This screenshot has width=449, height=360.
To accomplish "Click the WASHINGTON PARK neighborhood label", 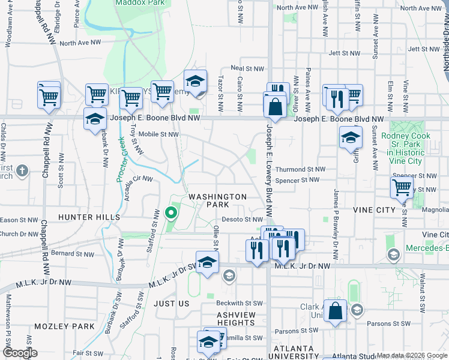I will [218, 201].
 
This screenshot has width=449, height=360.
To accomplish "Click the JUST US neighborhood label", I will [172, 304].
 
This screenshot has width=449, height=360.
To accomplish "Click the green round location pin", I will [171, 212].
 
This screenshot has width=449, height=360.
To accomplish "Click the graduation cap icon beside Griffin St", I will [351, 137].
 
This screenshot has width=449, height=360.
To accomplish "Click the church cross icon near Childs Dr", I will [22, 170].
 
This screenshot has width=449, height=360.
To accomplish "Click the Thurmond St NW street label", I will [300, 170].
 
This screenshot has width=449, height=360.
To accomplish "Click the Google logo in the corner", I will [20, 352].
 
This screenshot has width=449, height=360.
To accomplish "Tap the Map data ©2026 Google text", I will [411, 355].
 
